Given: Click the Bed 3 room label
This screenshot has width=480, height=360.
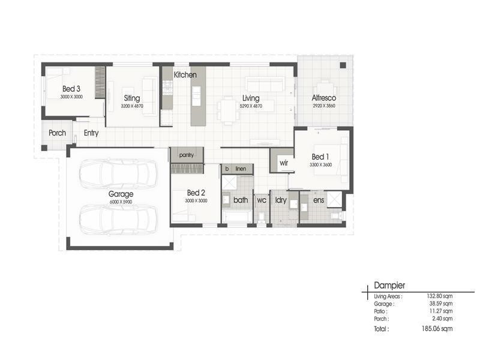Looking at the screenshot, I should click(71, 89).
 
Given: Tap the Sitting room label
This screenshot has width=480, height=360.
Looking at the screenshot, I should click(132, 98).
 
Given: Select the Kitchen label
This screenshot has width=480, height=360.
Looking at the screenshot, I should click(185, 75).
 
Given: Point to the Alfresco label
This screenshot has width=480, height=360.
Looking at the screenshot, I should click(323, 98).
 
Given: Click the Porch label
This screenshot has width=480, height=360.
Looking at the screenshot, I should click(58, 133).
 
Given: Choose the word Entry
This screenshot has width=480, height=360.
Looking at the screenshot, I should click(91, 133).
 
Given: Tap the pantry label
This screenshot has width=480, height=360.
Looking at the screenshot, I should click(186, 155).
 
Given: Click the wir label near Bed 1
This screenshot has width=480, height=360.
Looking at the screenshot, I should click(283, 163).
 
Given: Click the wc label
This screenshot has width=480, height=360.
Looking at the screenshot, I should click(262, 200).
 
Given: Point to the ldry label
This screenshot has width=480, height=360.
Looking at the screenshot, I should click(281, 200).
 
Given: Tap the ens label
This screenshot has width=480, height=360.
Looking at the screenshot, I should click(319, 200).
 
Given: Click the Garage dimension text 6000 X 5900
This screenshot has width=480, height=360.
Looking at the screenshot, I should click(121, 202).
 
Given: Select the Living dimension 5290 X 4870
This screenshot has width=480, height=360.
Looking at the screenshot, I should click(251, 106).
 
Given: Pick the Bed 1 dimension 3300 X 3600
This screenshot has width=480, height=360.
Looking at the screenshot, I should click(320, 164).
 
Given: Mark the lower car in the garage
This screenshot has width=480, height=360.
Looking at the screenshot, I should click(118, 219).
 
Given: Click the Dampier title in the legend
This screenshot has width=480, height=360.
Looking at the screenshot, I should click(389, 286).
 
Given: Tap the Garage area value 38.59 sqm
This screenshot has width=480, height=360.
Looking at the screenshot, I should click(440, 304).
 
